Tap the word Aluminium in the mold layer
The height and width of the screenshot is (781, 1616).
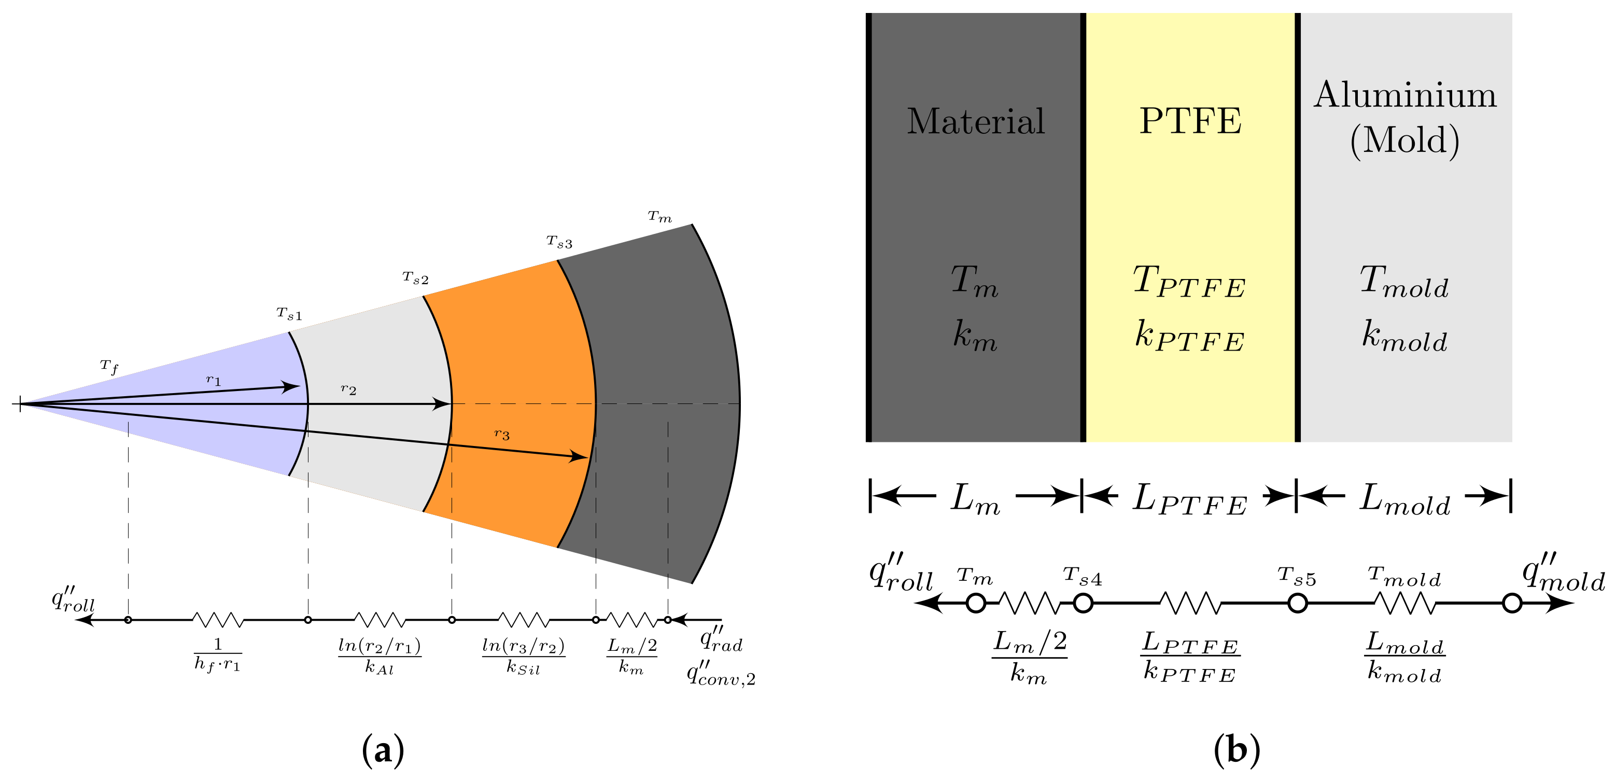(x=1405, y=95)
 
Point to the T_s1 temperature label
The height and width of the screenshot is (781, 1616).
(x=289, y=314)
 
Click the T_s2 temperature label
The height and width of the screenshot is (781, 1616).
(x=415, y=278)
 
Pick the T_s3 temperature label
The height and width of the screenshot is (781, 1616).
(x=559, y=242)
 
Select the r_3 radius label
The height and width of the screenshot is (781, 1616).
(x=502, y=434)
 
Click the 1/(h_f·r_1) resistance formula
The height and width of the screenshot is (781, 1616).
(x=218, y=654)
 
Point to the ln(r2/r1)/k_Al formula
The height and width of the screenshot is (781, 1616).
(x=380, y=656)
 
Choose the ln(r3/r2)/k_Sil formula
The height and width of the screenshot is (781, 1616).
(x=523, y=656)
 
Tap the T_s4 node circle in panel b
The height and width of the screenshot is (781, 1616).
(x=1083, y=604)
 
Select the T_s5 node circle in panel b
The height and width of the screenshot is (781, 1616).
(x=1297, y=604)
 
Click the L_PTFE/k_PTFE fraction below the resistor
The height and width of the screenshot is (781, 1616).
(x=1189, y=657)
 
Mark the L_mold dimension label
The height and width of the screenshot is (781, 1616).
(x=1404, y=500)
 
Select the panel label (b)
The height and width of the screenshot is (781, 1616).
(x=1236, y=750)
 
